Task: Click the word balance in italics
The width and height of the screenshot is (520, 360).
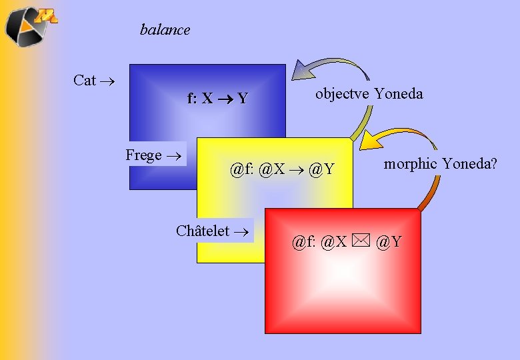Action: coord(165,30)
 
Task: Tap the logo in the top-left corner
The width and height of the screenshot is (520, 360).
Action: coord(31,27)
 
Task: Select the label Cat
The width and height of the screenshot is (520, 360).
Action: coord(85,80)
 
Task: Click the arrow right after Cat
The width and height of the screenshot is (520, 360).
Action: coord(107,81)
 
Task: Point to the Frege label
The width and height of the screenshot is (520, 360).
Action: coord(143,155)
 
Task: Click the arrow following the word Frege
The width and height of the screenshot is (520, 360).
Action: coord(174,156)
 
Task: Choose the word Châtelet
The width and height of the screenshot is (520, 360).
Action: coord(203,231)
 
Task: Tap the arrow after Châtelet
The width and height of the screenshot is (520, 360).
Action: coord(241,232)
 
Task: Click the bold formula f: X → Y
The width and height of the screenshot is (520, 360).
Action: coord(217,98)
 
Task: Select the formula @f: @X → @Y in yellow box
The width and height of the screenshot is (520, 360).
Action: coord(282,169)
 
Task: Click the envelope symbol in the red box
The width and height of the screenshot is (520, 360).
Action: coord(361,240)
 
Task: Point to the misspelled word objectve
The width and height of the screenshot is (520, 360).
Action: coord(342,94)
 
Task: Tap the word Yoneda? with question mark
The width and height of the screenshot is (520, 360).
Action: coord(470,163)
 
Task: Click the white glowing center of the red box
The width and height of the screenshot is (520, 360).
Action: coord(344,273)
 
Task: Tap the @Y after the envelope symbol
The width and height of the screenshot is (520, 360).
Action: coord(389,241)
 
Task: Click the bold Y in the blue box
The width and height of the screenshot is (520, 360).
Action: coord(243,98)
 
